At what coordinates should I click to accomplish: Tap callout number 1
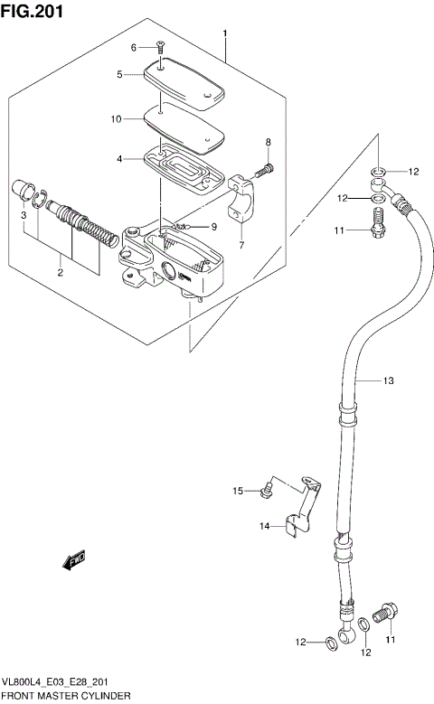click(x=225, y=33)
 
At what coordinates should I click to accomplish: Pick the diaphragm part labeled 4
click(x=185, y=168)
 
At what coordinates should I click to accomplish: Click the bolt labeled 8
click(x=263, y=168)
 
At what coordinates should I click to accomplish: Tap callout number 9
click(x=214, y=226)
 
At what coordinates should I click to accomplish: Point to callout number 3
click(x=24, y=214)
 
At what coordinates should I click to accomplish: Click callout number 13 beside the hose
click(x=388, y=380)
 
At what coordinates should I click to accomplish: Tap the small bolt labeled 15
click(x=266, y=491)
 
